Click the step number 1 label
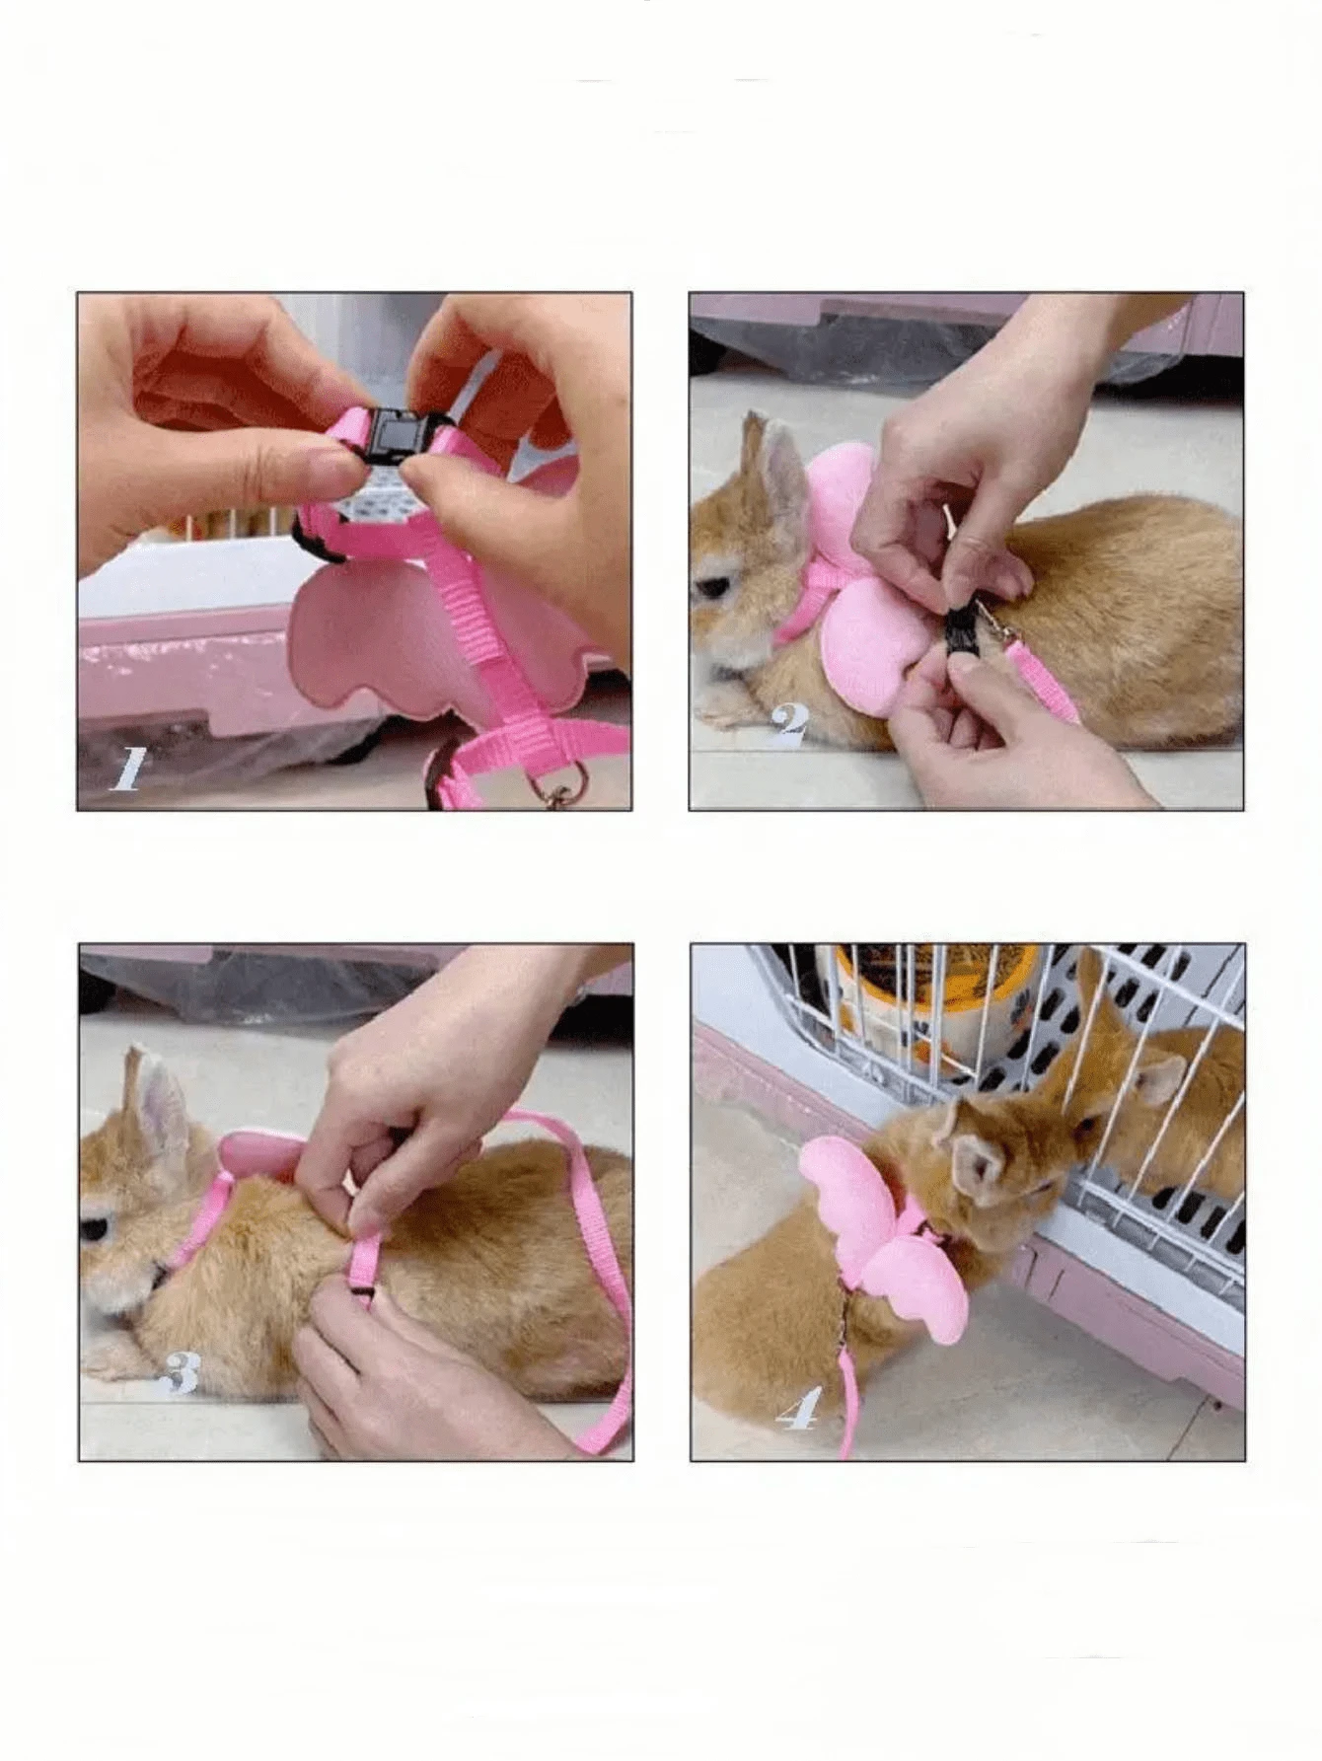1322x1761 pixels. click(127, 770)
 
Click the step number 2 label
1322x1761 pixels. click(789, 723)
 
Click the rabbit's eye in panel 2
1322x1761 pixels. click(712, 589)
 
